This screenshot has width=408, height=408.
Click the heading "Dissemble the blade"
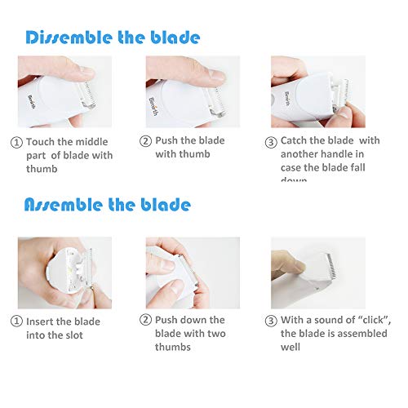112,38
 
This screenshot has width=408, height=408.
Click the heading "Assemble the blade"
107,204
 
